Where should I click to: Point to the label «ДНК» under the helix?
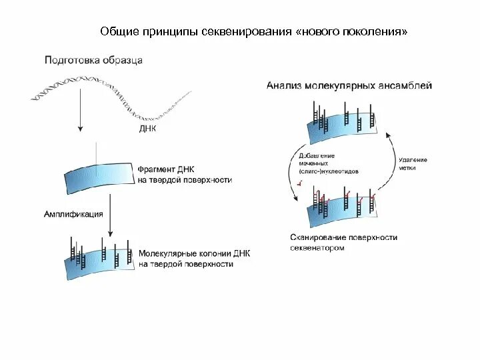[147, 129]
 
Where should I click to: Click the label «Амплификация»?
[73, 214]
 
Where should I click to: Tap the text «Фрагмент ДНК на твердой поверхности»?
[185, 175]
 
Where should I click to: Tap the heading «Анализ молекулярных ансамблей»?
[349, 85]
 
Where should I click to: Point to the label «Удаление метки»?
[413, 164]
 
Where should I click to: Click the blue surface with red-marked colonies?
[340, 211]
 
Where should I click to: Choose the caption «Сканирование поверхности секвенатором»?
[343, 242]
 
